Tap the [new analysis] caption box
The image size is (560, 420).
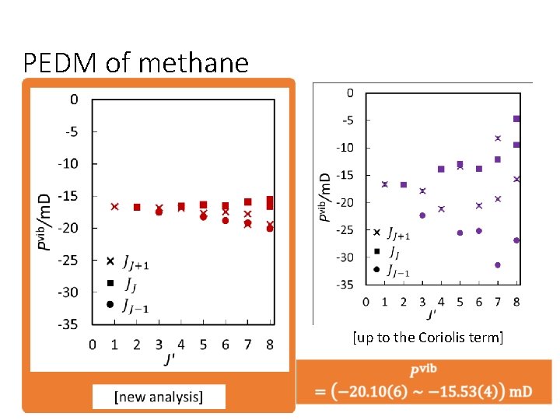[x=159, y=397]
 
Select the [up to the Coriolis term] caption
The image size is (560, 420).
[x=427, y=338]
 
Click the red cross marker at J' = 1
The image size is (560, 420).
[x=114, y=207]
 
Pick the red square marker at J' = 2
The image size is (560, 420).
[x=137, y=208]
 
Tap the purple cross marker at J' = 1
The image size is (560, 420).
[x=384, y=184]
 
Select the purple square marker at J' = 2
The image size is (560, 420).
[x=403, y=185]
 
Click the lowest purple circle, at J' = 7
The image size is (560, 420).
[x=497, y=265]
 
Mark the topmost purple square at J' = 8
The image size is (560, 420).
[x=516, y=119]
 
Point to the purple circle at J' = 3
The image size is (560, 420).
[x=422, y=215]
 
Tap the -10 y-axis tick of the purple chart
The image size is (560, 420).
[x=345, y=148]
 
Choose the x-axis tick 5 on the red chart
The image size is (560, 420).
[x=203, y=343]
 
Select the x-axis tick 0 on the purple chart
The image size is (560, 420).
[x=366, y=301]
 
